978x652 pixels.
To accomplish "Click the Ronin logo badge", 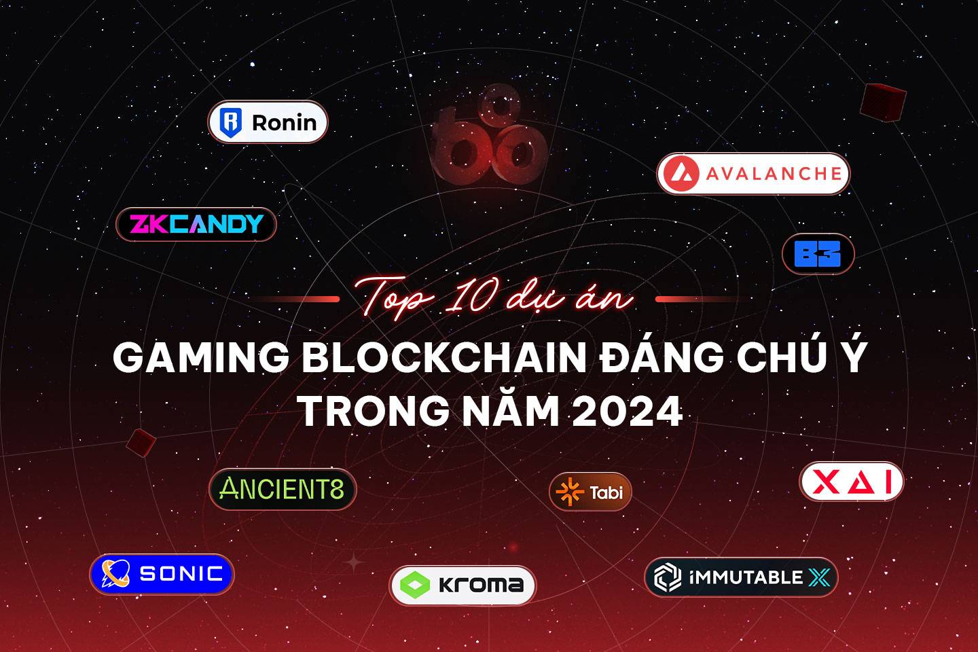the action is [x=268, y=122].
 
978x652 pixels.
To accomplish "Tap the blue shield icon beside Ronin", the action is [x=230, y=122].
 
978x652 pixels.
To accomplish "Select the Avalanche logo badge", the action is [x=754, y=173].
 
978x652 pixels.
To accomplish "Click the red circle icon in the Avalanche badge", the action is [x=681, y=173].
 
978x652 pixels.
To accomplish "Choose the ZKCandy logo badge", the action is [x=196, y=224].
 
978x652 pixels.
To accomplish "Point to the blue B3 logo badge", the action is [x=818, y=254].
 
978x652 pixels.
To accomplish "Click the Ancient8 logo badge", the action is [x=283, y=489].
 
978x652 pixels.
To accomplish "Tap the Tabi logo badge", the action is [x=590, y=492].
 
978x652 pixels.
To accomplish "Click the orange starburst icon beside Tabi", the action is [x=570, y=492].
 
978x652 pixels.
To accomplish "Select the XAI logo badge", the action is [x=852, y=482].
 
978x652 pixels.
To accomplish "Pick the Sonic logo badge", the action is [x=162, y=574].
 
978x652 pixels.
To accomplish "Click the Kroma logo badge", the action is [x=463, y=585].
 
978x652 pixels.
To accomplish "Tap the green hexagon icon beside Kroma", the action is [x=415, y=585].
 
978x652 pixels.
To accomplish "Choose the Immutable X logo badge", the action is [x=742, y=577].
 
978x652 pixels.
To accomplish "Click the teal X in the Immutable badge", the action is [x=819, y=577].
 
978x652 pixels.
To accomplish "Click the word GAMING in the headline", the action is [x=201, y=358].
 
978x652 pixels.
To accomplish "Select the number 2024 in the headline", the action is [x=628, y=412].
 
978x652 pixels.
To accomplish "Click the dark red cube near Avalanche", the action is [x=883, y=102].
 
